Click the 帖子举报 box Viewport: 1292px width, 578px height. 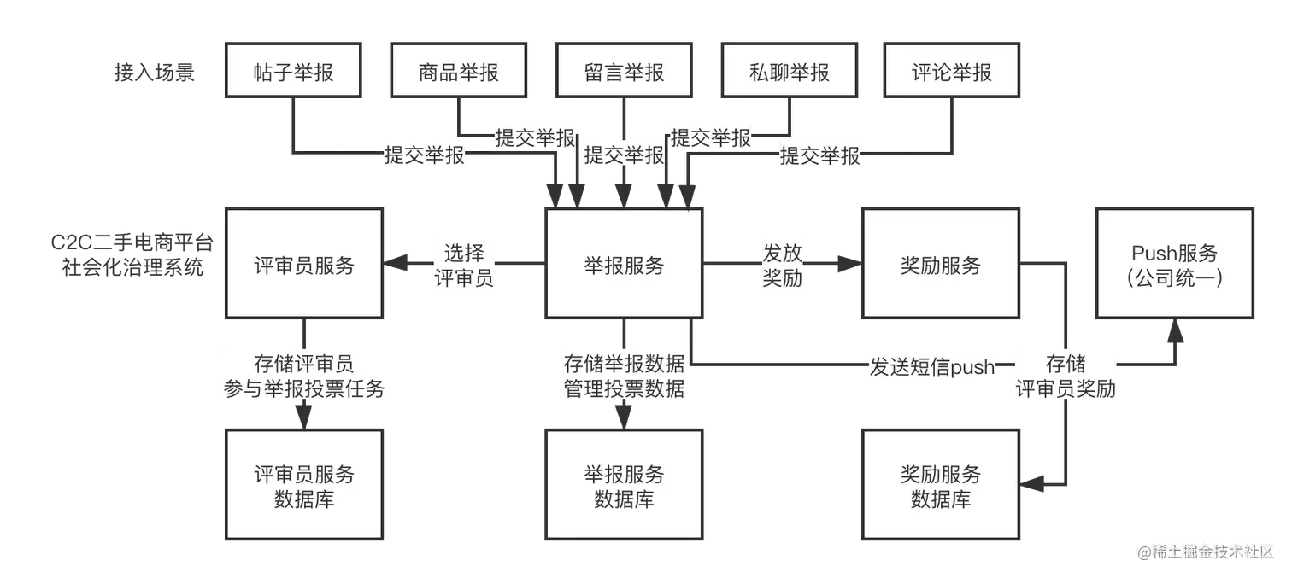[294, 73]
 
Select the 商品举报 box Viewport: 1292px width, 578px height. [459, 73]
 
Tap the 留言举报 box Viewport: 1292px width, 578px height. [624, 73]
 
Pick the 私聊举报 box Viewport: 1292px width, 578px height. [789, 73]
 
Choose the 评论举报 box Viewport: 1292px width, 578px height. [951, 73]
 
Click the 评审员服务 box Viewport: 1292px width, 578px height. [304, 266]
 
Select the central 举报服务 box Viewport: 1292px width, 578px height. [624, 266]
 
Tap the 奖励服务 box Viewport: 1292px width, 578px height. [941, 266]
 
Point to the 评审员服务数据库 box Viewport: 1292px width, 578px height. [304, 487]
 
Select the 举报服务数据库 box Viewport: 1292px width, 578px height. [624, 487]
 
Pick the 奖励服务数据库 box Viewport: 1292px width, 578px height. [941, 487]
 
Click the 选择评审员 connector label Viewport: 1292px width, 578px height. [464, 266]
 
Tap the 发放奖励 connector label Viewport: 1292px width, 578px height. [783, 266]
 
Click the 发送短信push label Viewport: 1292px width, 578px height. [932, 368]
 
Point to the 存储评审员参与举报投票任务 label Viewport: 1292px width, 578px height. [304, 377]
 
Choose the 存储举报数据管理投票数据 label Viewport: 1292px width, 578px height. [624, 377]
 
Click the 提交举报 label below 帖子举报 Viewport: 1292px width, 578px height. [424, 155]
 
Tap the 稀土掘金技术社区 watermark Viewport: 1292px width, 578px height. [1205, 551]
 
